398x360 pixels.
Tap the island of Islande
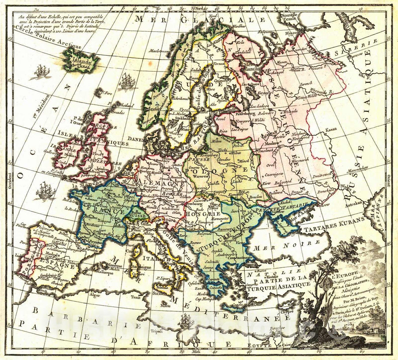point(81,60)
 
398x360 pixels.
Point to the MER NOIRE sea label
point(284,243)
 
